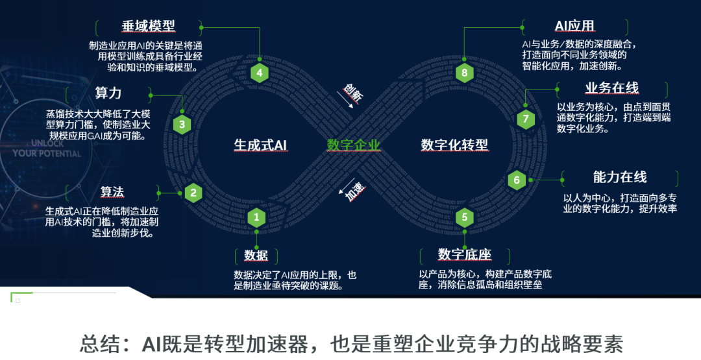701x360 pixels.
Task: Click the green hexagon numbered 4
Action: click(260, 73)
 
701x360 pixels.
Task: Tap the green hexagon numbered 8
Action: click(464, 73)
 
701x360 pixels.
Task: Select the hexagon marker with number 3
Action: click(182, 125)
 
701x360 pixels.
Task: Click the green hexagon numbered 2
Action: click(193, 192)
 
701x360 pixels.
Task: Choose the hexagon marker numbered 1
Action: click(257, 217)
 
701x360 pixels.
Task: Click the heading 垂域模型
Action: click(149, 26)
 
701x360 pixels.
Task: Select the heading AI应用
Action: click(574, 26)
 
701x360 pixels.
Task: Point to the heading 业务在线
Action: click(611, 88)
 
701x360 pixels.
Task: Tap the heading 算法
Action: click(112, 192)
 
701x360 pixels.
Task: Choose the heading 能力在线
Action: click(620, 177)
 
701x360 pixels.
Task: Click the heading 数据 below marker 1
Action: click(256, 254)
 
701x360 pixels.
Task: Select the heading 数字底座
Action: click(465, 254)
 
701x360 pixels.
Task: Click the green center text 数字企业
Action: click(353, 145)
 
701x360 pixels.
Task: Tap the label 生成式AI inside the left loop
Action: click(260, 145)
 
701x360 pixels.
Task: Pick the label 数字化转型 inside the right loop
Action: click(454, 145)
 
